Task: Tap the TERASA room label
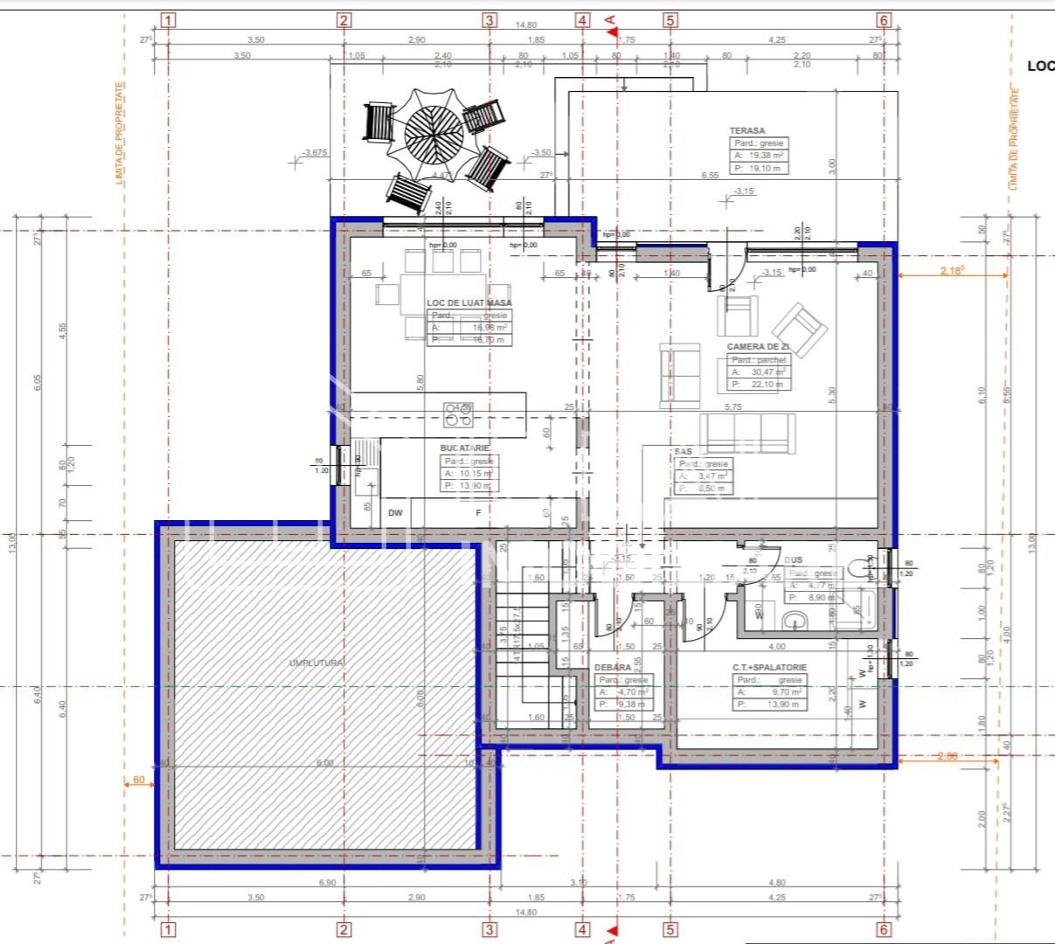pos(747,130)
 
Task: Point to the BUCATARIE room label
pos(465,448)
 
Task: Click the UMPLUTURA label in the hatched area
pos(316,663)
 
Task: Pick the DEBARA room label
pos(613,668)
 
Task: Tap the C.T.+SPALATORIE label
pos(769,667)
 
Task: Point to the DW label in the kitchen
pos(396,513)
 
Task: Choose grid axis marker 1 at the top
pos(169,20)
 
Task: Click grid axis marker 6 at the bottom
pos(884,930)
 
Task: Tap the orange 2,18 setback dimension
pos(953,271)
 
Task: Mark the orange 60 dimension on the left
pos(139,780)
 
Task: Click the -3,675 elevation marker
pos(314,153)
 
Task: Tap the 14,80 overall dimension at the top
pos(526,26)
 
